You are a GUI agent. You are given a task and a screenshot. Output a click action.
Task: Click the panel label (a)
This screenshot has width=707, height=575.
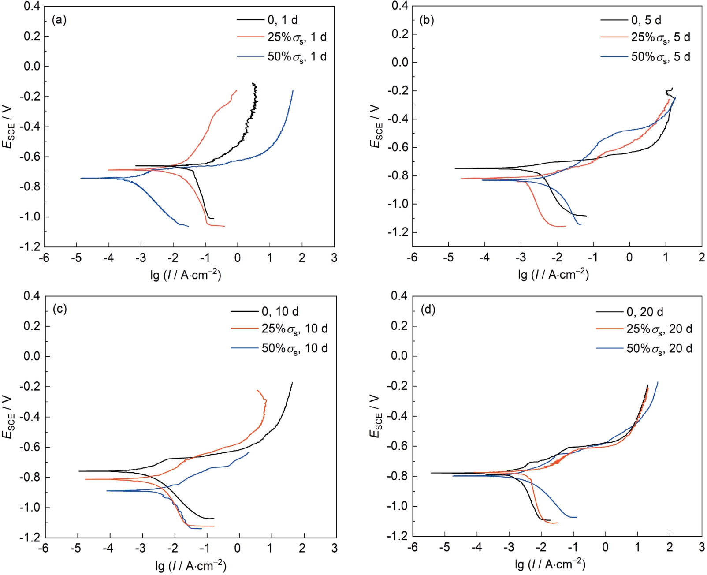(59, 20)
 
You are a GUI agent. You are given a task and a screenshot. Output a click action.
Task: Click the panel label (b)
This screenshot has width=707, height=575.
(427, 20)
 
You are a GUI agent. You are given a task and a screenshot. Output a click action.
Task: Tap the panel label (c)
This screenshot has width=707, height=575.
(60, 309)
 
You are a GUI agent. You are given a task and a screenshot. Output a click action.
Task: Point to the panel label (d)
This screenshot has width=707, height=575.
(428, 310)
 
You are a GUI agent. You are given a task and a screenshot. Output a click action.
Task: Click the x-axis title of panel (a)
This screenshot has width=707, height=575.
(186, 275)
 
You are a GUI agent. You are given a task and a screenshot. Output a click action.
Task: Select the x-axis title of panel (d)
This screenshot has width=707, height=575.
(550, 564)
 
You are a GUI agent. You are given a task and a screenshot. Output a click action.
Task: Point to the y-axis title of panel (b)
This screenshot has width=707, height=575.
(375, 126)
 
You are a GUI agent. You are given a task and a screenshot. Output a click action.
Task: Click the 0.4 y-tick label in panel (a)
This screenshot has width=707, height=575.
(32, 7)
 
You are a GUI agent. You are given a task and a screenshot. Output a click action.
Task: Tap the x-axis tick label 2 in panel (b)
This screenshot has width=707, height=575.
(701, 258)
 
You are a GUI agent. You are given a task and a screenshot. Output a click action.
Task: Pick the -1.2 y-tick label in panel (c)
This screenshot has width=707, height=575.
(30, 538)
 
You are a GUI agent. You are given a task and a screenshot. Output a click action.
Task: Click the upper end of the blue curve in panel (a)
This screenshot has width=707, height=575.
(293, 90)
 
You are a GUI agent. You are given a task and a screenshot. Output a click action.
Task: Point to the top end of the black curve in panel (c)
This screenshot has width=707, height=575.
(292, 383)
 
